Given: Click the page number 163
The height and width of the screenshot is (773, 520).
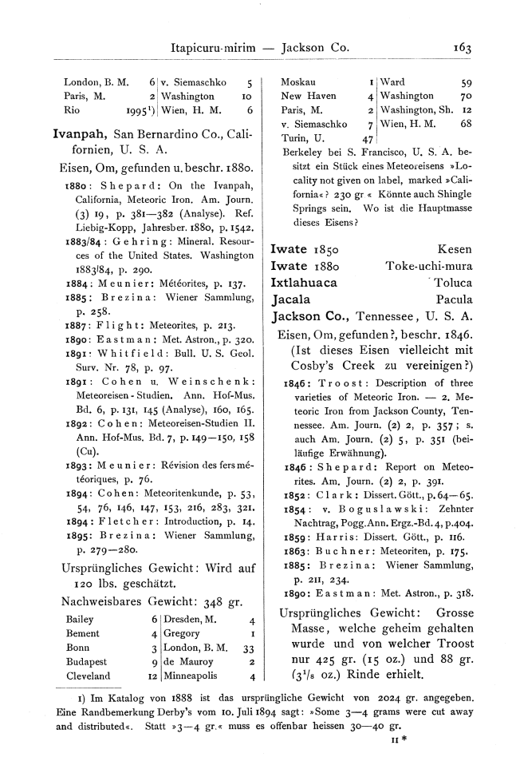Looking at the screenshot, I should [462, 47].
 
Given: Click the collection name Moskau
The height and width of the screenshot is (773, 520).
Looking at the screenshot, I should [298, 81].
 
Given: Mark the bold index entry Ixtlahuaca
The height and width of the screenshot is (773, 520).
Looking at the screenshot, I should [304, 282].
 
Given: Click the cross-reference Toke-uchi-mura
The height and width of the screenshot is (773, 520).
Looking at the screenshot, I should [429, 265].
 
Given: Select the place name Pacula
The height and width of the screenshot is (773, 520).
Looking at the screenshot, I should [454, 300].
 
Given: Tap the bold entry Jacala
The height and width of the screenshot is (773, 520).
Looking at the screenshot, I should [291, 300].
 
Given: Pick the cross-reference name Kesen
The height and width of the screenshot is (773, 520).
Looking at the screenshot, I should [456, 248].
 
